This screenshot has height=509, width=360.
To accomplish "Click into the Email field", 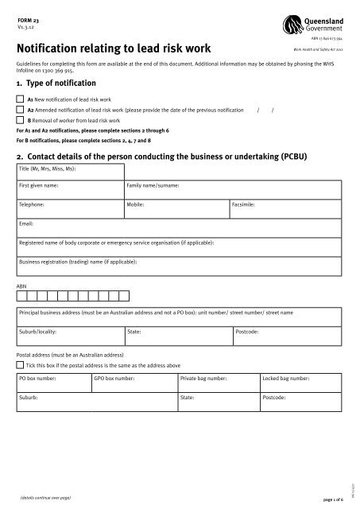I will pyautogui.click(x=180, y=229).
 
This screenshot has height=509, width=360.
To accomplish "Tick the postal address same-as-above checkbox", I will pyautogui.click(x=20, y=363).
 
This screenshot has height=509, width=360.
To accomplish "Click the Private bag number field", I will pyautogui.click(x=219, y=383).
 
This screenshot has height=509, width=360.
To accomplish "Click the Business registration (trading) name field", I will pyautogui.click(x=180, y=266).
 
